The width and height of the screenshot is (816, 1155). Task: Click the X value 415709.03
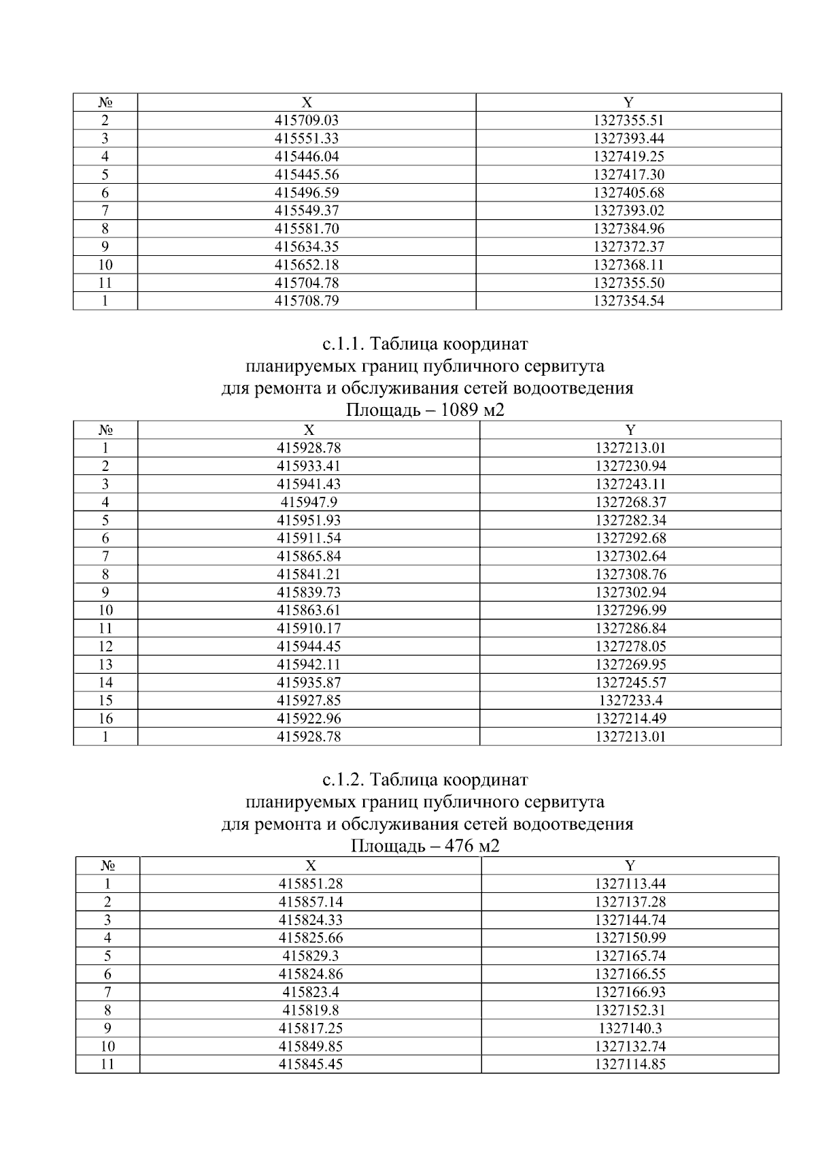click(306, 120)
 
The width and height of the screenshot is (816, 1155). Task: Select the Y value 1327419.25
click(628, 157)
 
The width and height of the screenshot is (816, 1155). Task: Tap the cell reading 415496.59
click(306, 193)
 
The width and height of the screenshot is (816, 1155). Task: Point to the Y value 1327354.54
click(628, 301)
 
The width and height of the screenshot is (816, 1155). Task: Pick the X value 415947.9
click(309, 502)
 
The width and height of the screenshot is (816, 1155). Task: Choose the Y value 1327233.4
click(630, 700)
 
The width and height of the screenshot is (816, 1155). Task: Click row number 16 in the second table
click(105, 719)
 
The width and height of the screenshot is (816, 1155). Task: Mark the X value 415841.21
click(309, 574)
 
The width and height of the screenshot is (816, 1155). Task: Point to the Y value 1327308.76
click(630, 574)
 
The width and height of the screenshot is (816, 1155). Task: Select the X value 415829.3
click(310, 956)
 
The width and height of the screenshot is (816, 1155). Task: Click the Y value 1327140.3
click(630, 1028)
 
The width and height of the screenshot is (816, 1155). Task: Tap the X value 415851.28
click(310, 884)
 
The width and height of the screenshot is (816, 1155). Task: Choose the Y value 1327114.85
click(630, 1064)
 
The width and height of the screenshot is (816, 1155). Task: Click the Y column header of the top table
click(628, 103)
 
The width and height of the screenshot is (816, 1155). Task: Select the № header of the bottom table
click(107, 866)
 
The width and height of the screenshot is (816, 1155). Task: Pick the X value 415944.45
click(309, 647)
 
